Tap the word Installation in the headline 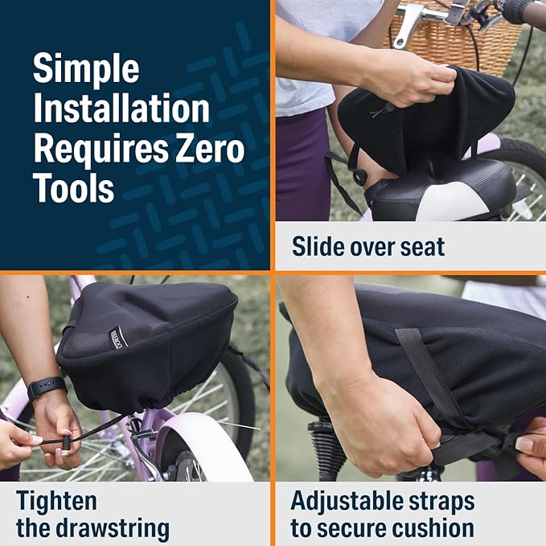(121, 109)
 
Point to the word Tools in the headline (73, 187)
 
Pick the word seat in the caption (422, 247)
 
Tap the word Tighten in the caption (56, 502)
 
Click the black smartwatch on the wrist (47, 388)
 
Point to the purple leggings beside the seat (302, 164)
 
